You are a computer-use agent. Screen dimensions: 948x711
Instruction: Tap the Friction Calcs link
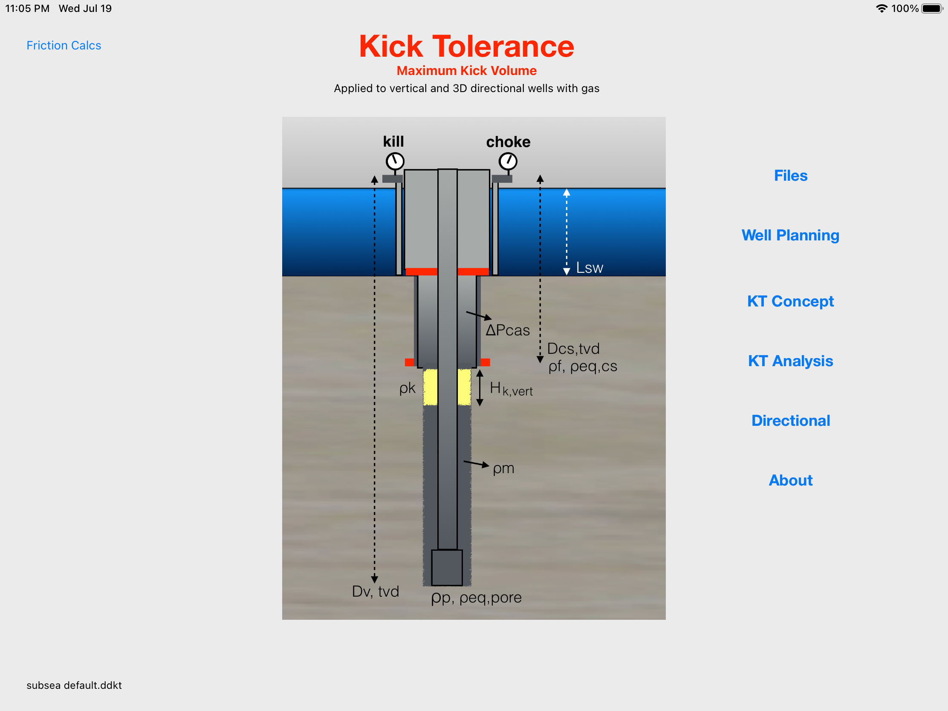[64, 46]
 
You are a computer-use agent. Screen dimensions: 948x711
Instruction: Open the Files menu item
[790, 176]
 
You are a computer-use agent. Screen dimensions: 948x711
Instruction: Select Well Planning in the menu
[790, 235]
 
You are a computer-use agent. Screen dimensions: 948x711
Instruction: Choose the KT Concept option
[790, 301]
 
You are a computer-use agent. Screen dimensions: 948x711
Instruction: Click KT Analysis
[790, 361]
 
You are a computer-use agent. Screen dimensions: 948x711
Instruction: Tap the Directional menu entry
[790, 420]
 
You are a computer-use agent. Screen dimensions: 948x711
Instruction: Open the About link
[790, 480]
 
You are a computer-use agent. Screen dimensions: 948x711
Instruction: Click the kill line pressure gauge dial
[395, 162]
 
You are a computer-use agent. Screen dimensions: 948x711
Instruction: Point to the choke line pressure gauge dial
[508, 162]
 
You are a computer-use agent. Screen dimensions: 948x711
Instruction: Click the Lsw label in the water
[589, 268]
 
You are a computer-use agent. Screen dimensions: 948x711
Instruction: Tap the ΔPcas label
[507, 330]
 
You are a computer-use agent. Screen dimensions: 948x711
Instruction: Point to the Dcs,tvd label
[573, 348]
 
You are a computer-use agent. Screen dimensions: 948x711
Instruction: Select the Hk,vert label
[511, 389]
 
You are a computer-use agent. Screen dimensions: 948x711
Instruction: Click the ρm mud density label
[503, 468]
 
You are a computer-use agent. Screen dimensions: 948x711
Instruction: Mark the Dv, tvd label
[376, 591]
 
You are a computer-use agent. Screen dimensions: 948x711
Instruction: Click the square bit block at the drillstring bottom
[447, 567]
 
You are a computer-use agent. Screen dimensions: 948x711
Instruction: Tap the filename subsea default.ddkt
[74, 685]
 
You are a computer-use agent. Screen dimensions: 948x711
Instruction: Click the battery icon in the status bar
[932, 9]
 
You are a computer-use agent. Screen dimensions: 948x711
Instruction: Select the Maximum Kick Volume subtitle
[466, 71]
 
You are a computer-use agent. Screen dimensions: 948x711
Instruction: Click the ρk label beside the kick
[407, 388]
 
